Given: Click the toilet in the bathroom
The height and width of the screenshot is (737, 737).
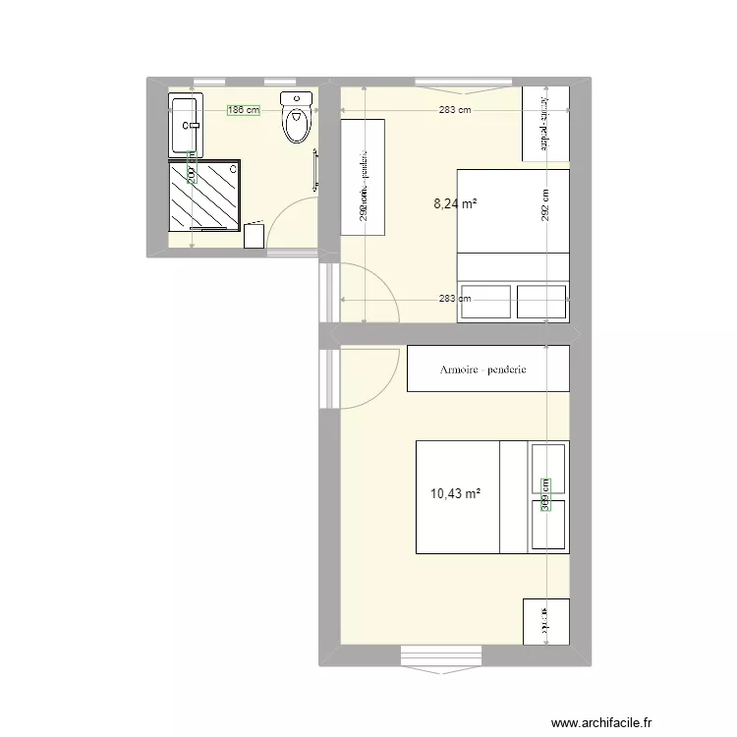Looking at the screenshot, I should [x=296, y=119].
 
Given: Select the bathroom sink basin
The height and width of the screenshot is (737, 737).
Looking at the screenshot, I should [x=186, y=126].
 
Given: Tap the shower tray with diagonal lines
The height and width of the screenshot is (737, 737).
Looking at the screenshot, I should [x=205, y=195].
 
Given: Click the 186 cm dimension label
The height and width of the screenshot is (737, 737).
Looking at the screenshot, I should [x=243, y=110].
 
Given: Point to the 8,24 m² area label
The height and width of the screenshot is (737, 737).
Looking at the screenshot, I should [x=456, y=204].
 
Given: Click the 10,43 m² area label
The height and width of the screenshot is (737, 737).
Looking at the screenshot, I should [x=455, y=493].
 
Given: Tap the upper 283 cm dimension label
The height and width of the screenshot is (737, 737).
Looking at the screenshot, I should [x=455, y=110].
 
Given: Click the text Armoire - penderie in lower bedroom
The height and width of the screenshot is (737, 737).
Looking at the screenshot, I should [x=483, y=369].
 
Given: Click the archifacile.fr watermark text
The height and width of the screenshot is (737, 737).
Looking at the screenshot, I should [x=603, y=719].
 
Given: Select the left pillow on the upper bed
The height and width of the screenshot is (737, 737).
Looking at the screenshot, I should [x=485, y=302].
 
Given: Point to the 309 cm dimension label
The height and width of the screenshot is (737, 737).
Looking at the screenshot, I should [x=546, y=494].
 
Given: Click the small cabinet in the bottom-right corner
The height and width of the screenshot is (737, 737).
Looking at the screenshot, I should [x=546, y=621].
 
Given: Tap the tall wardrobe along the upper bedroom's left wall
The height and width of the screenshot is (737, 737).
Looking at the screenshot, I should [x=362, y=176].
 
